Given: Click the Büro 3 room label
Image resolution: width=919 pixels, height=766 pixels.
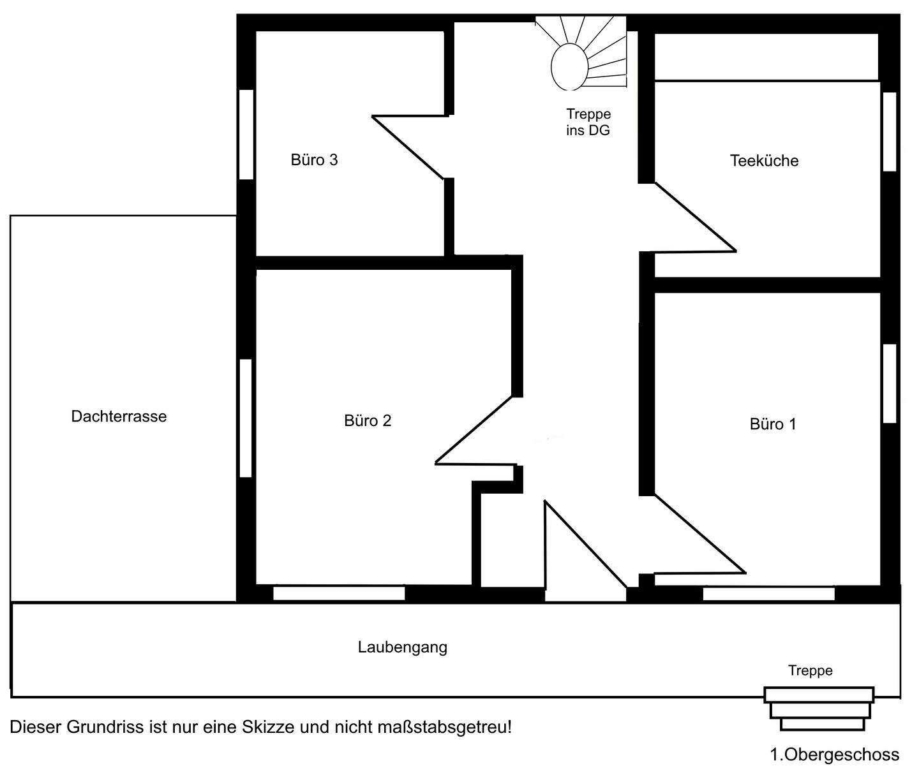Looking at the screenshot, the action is coord(314,159).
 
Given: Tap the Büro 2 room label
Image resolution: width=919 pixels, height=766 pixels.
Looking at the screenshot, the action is coord(367,420).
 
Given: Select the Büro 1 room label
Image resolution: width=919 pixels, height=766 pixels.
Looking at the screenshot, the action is coord(773,424).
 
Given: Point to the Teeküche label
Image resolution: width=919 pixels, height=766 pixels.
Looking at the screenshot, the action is coord(764,160).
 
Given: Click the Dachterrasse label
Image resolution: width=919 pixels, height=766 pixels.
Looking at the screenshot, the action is coord(119,416).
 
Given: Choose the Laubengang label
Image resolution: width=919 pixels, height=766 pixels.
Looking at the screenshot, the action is coord(402,647).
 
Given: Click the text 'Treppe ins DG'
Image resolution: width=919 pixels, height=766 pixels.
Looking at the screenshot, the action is coord(588,122).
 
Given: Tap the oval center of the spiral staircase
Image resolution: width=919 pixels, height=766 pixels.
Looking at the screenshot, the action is coord(569,67).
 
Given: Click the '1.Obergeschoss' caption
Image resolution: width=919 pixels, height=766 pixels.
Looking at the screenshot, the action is coord(834,755).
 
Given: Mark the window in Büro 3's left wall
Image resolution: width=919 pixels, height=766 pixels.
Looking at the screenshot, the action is coord(246,134).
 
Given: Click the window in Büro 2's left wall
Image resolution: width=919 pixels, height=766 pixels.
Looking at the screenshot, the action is coord(246,418).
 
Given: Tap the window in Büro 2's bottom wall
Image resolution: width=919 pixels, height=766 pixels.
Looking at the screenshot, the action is coord(339,593).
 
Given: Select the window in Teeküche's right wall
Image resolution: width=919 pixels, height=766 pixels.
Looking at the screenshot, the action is coord(890,131).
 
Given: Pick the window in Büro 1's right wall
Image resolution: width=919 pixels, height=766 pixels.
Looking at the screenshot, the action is coord(890,383).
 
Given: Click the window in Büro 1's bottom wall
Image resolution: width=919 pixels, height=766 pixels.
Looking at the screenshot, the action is coord(768,594).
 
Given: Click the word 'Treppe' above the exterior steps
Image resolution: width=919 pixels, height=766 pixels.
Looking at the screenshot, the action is coord(810,670).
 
